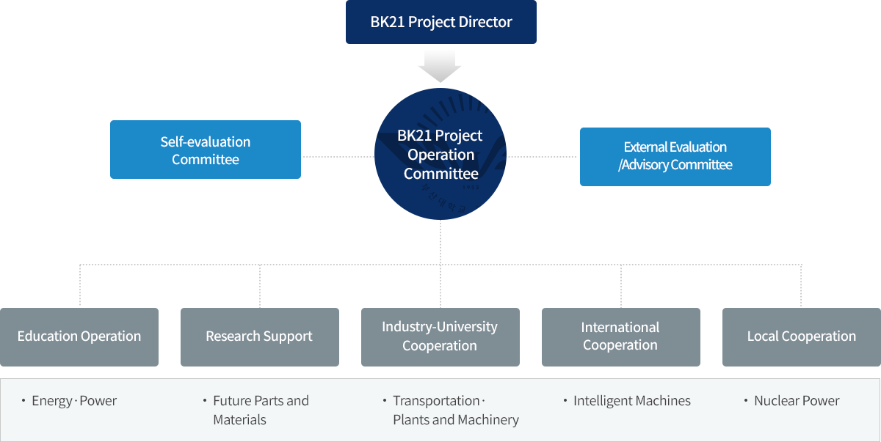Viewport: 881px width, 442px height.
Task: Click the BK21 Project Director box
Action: pyautogui.click(x=440, y=22)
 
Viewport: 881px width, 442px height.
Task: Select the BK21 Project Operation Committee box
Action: pyautogui.click(x=440, y=154)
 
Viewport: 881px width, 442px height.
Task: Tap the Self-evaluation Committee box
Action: pyautogui.click(x=205, y=150)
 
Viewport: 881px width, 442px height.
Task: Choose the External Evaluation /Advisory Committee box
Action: pyautogui.click(x=675, y=156)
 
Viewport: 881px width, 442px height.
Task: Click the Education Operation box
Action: pyautogui.click(x=79, y=336)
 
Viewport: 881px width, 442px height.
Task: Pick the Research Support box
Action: pyautogui.click(x=259, y=336)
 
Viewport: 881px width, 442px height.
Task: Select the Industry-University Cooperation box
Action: pyautogui.click(x=440, y=336)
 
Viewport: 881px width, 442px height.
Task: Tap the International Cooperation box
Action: pyautogui.click(x=620, y=336)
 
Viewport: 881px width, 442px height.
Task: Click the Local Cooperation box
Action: pyautogui.click(x=801, y=336)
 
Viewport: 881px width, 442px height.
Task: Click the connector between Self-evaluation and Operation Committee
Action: pyautogui.click(x=338, y=156)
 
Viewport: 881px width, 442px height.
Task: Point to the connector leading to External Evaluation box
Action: pyautogui.click(x=543, y=156)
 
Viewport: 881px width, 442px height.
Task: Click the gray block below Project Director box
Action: pyautogui.click(x=439, y=66)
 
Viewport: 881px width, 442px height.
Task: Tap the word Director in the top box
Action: pyautogui.click(x=485, y=22)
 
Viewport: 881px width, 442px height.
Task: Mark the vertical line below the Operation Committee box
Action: pyautogui.click(x=440, y=241)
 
